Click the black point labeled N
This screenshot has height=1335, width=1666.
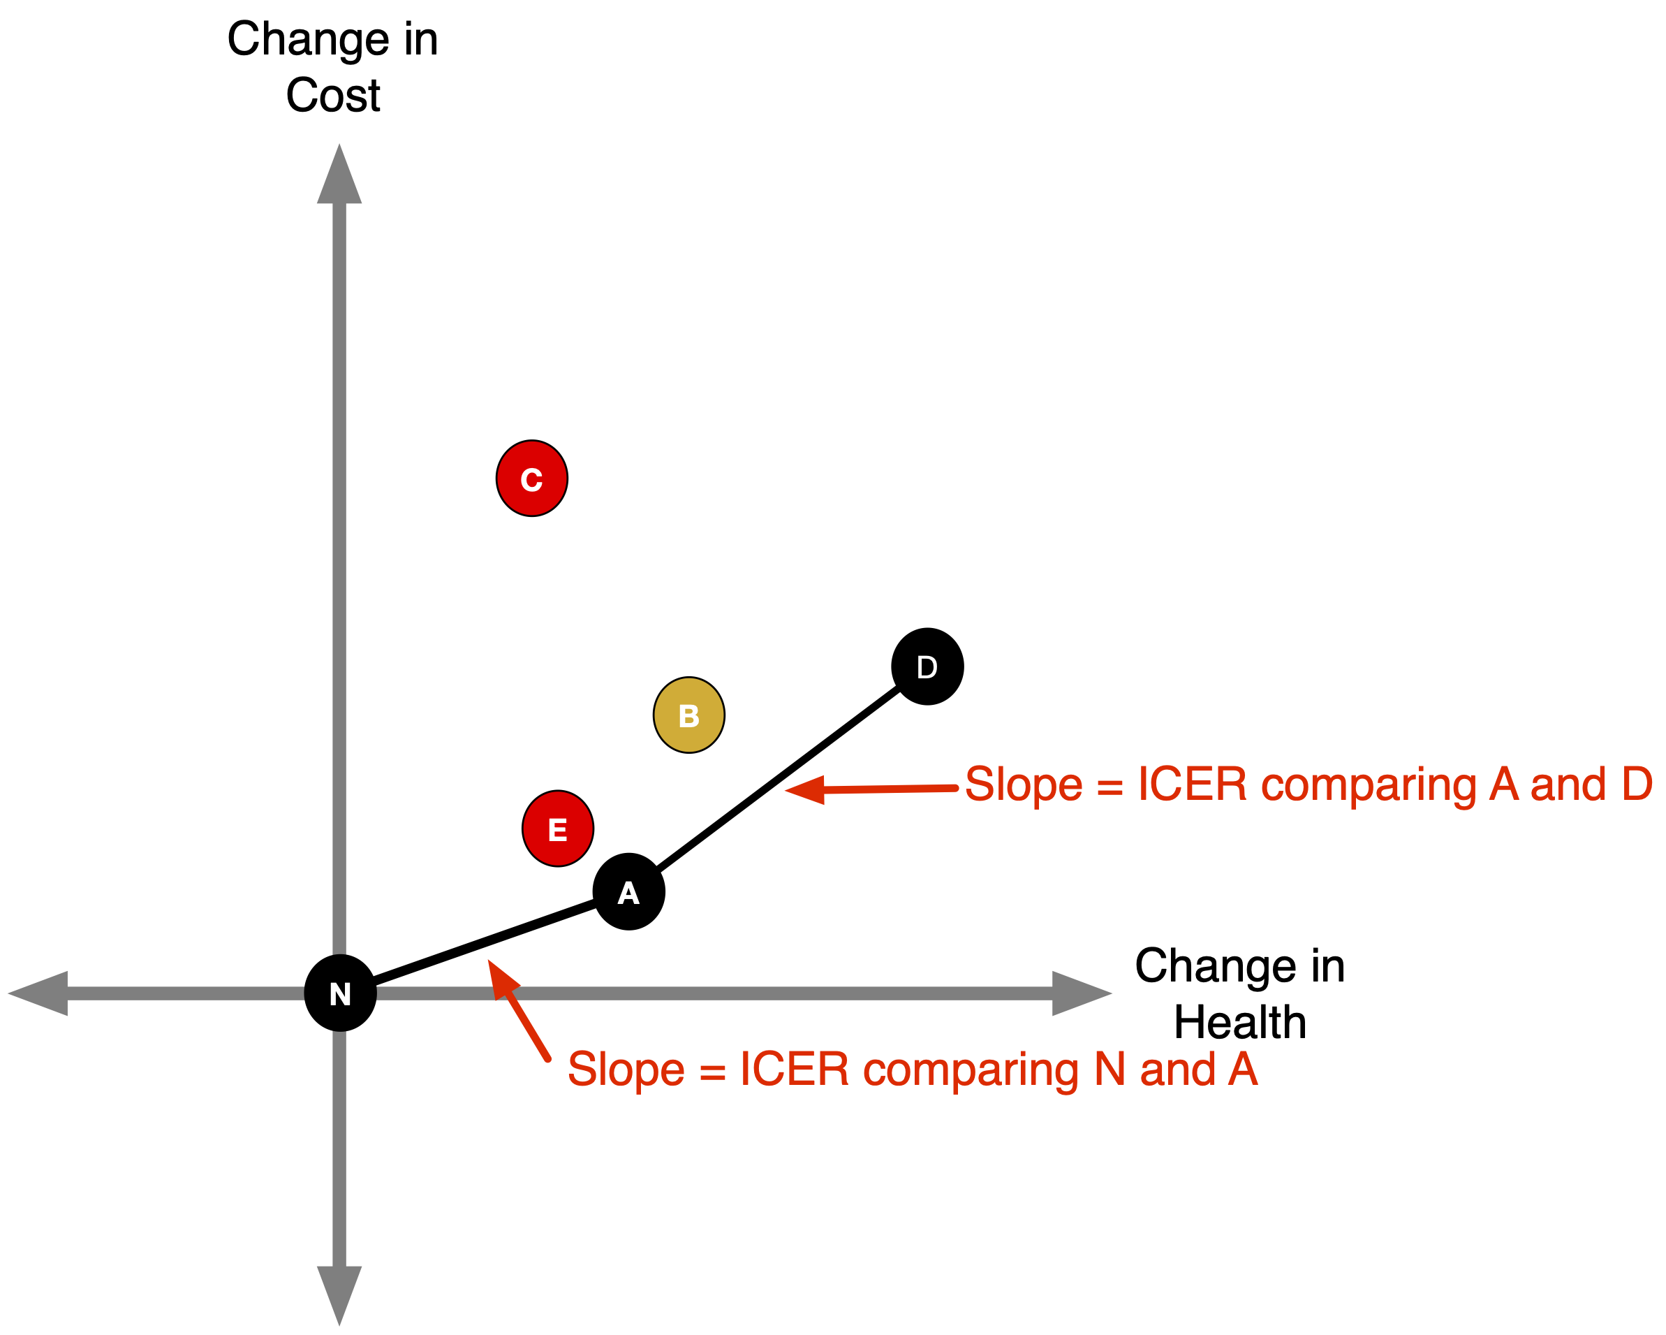pos(340,993)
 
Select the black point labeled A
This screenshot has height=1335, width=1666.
pos(628,891)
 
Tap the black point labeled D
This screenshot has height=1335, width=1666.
pos(927,666)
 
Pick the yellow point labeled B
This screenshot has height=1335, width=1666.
pos(688,715)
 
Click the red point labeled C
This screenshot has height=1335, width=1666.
pos(531,479)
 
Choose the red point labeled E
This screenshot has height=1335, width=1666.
pos(557,829)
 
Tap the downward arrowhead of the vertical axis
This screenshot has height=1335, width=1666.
pos(339,1291)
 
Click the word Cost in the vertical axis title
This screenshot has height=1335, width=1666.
pos(332,96)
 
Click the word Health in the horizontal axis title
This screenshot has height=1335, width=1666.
pos(1239,1022)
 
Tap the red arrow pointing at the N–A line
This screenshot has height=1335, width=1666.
pos(517,1009)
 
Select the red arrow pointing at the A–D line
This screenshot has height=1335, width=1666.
pos(869,789)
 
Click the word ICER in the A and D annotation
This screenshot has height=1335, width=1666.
pos(1193,785)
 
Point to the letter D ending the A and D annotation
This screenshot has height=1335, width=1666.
pos(1637,785)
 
